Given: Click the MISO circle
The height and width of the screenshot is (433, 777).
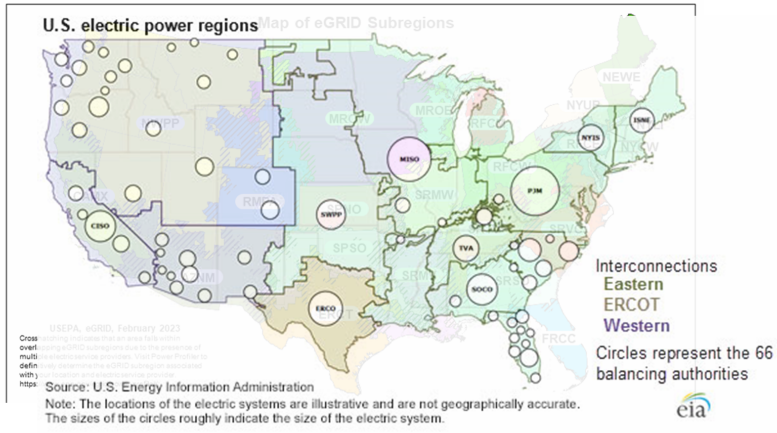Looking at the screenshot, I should point(409,159).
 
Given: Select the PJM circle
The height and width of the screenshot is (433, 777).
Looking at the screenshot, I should point(535,191).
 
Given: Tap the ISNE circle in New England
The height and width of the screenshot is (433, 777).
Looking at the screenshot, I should point(642,120).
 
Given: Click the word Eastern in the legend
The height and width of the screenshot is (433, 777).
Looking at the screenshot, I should point(633,284).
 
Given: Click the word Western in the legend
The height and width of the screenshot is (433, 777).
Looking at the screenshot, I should point(636,325).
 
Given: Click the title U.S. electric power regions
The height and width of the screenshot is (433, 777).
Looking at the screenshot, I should point(150,26).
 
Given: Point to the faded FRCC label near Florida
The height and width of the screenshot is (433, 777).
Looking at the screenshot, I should point(558,338).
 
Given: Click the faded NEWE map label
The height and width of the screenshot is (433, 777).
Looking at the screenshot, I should point(621,77).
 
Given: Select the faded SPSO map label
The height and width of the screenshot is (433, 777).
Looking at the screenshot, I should point(349,248).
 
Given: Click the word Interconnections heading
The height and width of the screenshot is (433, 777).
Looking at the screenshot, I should point(656,266).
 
